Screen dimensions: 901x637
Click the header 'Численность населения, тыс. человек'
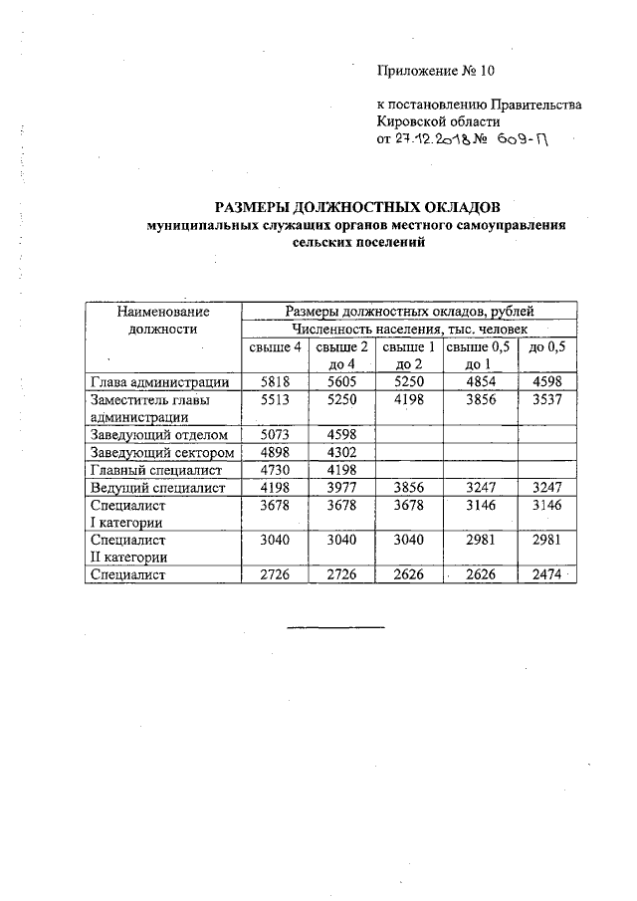pyautogui.click(x=409, y=328)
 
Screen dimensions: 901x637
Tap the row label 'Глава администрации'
pyautogui.click(x=160, y=381)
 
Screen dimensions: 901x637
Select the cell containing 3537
pyautogui.click(x=547, y=400)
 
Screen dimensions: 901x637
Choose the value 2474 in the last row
pyautogui.click(x=547, y=574)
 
